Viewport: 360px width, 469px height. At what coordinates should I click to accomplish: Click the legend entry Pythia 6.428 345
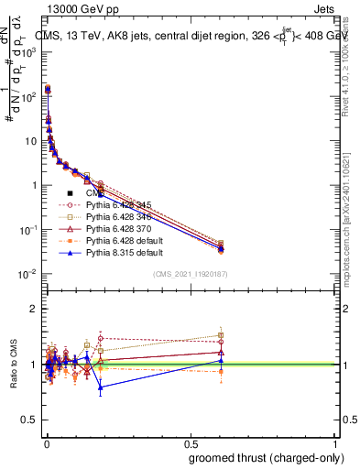click(x=113, y=205)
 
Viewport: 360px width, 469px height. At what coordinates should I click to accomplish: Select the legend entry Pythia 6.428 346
click(x=113, y=216)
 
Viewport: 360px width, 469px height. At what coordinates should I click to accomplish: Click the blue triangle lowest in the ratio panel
click(x=100, y=387)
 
